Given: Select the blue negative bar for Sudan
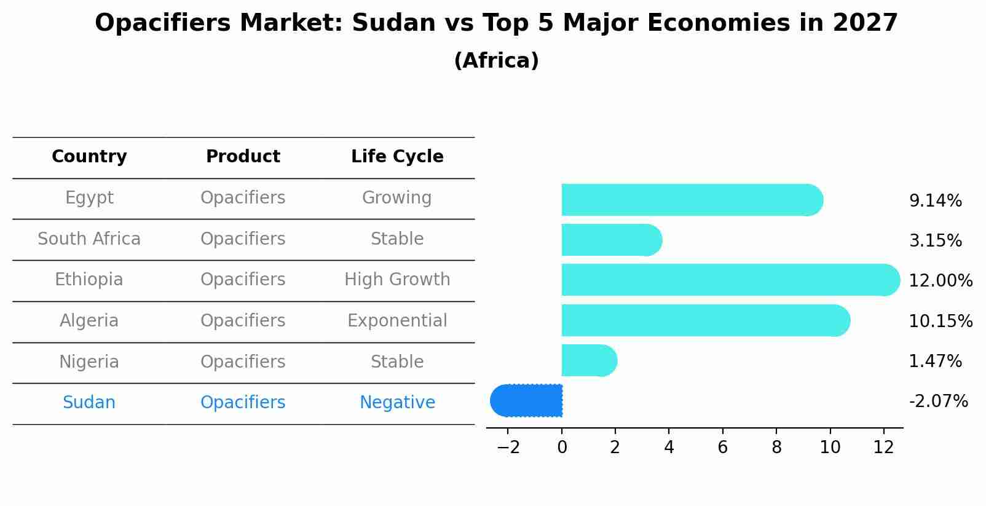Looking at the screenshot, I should pos(527,400).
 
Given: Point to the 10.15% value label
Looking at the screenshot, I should pos(940,321).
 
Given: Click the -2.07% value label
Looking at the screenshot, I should pos(938,401).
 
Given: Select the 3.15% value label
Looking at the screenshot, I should pos(935,240).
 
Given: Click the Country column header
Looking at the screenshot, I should pos(89,157).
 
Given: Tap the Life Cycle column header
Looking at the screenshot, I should pos(397,157).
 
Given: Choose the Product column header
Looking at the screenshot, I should pos(243,157).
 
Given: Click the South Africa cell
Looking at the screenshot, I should pos(89,239).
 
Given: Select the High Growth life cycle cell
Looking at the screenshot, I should pos(397,280).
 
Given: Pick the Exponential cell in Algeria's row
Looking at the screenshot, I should pos(397,321).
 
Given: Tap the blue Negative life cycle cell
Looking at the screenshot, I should pos(397,403).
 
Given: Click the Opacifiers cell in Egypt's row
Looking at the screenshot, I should pos(243,198).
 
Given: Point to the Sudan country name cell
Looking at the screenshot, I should pos(89,403).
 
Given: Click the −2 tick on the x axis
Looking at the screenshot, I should pos(508,448).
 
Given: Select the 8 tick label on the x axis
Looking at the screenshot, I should pos(776,448).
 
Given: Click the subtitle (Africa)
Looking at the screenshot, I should pos(496,60).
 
